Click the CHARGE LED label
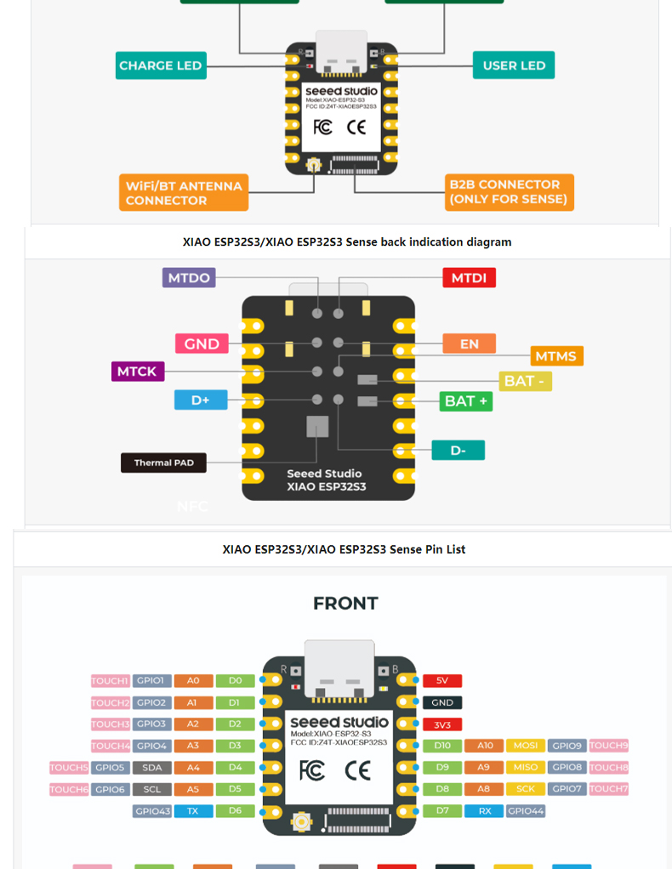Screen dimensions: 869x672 pyautogui.click(x=161, y=65)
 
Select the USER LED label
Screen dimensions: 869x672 pyautogui.click(x=514, y=65)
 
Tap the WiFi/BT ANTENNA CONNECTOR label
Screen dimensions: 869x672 pyautogui.click(x=184, y=193)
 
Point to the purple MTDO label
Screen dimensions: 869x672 pyautogui.click(x=189, y=277)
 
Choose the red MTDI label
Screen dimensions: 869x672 pyautogui.click(x=469, y=278)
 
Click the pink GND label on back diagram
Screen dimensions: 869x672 pyautogui.click(x=202, y=344)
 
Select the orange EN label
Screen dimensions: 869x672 pyautogui.click(x=469, y=344)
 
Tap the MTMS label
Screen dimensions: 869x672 pyautogui.click(x=556, y=355)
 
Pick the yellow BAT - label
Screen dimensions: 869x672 pyautogui.click(x=525, y=381)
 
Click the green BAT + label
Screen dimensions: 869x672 pyautogui.click(x=466, y=400)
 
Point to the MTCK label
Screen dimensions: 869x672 pyautogui.click(x=137, y=372)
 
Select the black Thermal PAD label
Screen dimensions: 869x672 pyautogui.click(x=163, y=463)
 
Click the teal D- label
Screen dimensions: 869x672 pyautogui.click(x=458, y=450)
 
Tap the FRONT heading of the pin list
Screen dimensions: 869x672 pyautogui.click(x=345, y=604)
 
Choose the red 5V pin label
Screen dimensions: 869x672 pyautogui.click(x=442, y=681)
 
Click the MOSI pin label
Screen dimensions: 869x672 pyautogui.click(x=526, y=746)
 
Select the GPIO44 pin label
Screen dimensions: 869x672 pyautogui.click(x=525, y=811)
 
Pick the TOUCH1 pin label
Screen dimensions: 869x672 pyautogui.click(x=110, y=681)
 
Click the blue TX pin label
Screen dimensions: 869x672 pyautogui.click(x=193, y=811)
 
